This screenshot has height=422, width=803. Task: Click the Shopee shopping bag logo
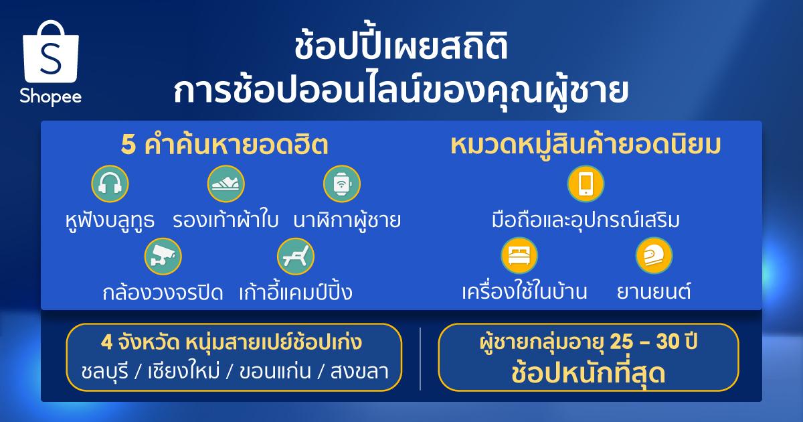pos(51,52)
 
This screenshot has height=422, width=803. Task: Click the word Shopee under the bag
pos(51,96)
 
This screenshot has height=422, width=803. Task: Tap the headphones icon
pos(110,184)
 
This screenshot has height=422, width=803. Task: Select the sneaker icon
pos(226,184)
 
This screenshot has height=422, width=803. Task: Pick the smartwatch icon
pos(342,184)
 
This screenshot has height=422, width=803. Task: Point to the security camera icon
pos(163,256)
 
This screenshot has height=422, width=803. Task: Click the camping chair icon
pos(296,256)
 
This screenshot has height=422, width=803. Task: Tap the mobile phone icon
pos(586,184)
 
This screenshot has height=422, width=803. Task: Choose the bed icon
pos(519,255)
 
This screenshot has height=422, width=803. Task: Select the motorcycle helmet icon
pos(654,255)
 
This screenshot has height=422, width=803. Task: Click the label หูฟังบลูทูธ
pos(110,220)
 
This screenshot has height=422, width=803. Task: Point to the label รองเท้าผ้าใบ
pos(226,220)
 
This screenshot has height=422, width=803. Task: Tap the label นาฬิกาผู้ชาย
pos(347,220)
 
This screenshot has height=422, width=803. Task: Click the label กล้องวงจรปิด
pos(163,292)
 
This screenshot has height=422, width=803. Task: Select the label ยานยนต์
pos(654,291)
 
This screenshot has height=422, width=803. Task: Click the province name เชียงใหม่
pos(183,371)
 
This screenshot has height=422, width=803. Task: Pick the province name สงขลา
pos(359,371)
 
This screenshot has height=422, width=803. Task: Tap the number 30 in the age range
pos(669,342)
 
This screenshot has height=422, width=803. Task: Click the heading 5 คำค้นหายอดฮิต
pos(225,145)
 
